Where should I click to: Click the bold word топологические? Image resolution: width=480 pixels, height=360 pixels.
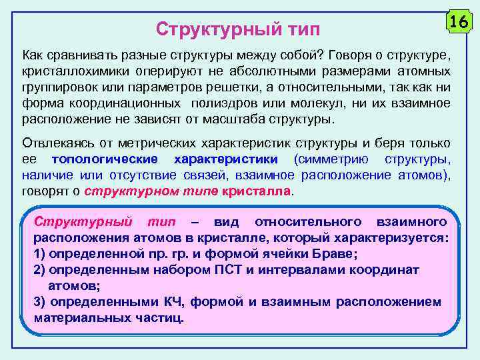point(105,159)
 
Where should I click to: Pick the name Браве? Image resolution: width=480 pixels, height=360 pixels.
point(337,254)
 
